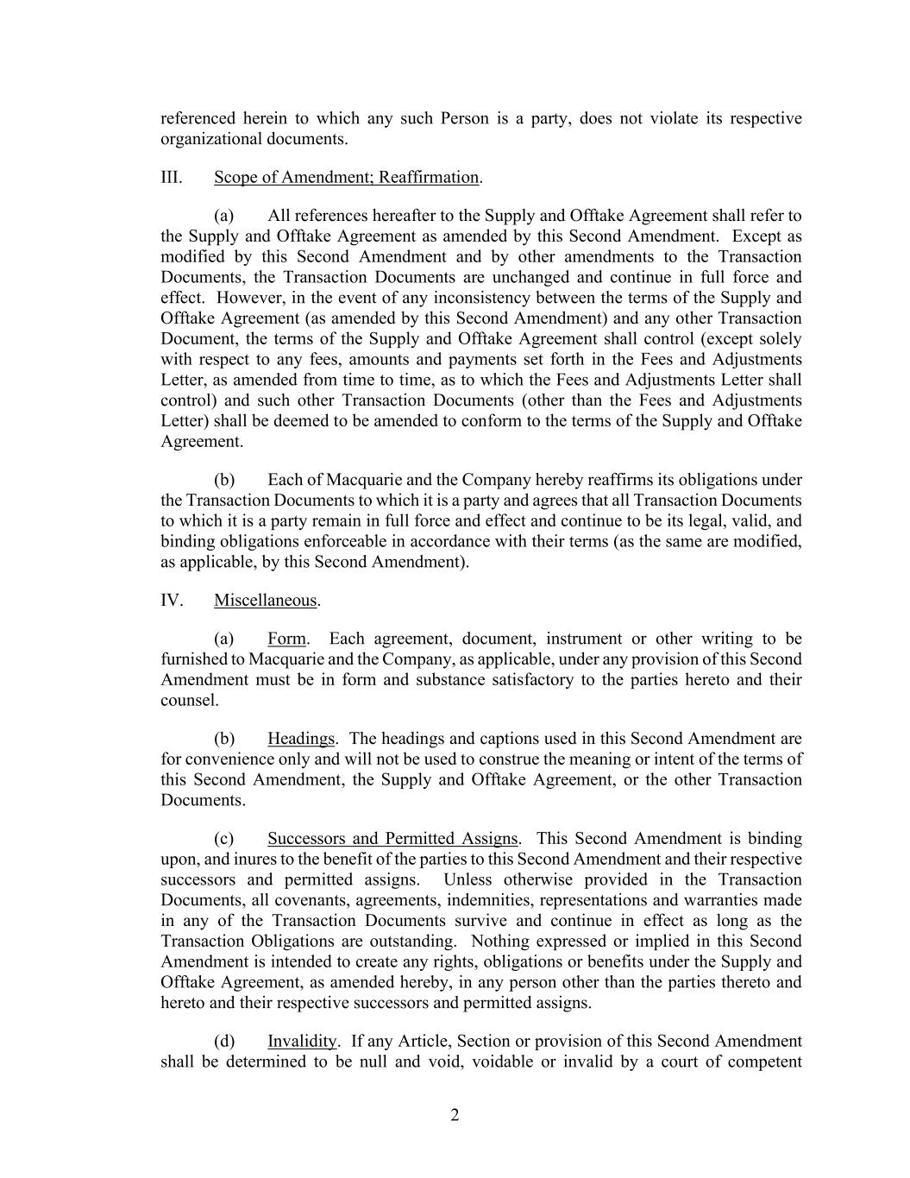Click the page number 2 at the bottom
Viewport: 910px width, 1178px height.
455,1115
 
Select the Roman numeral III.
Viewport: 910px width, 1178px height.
171,177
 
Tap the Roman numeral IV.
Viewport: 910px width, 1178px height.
172,600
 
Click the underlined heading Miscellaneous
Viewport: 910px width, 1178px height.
266,600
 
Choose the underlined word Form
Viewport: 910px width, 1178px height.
286,639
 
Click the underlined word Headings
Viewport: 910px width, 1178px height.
300,738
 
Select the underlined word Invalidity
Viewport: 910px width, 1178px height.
302,1041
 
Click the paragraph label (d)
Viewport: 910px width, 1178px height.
224,1041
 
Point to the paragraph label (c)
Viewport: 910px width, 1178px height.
224,838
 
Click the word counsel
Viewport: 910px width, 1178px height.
189,700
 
